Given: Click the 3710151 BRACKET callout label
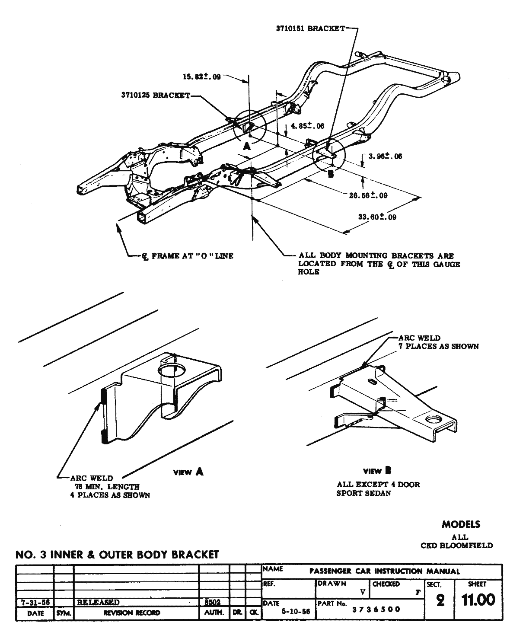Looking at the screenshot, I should pyautogui.click(x=310, y=29).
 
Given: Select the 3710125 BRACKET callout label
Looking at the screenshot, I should pyautogui.click(x=156, y=95).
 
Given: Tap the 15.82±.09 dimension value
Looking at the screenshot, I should pyautogui.click(x=202, y=77).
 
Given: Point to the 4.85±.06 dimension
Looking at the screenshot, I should pyautogui.click(x=307, y=126).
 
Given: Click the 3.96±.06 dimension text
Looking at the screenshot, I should pyautogui.click(x=385, y=156).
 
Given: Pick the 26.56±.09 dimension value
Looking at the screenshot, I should pyautogui.click(x=368, y=195).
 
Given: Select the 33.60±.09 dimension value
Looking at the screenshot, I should pyautogui.click(x=377, y=217).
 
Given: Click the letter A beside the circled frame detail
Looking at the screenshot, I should pyautogui.click(x=247, y=146).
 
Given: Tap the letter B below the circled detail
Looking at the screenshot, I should pyautogui.click(x=331, y=174).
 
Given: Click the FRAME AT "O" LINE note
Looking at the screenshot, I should pyautogui.click(x=188, y=256).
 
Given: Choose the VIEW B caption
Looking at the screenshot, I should pyautogui.click(x=373, y=471).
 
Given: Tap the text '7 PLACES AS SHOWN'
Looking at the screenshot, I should pyautogui.click(x=438, y=346).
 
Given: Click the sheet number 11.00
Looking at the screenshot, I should pyautogui.click(x=478, y=600).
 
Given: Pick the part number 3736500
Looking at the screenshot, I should pyautogui.click(x=376, y=609).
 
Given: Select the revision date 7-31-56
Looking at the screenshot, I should pyautogui.click(x=34, y=602).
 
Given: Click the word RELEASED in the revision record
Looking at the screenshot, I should pyautogui.click(x=98, y=602).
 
